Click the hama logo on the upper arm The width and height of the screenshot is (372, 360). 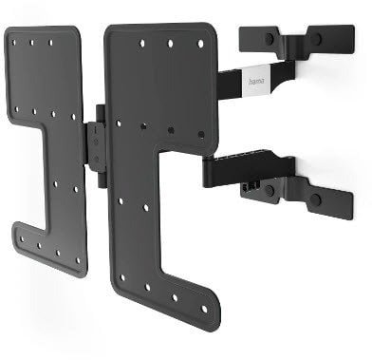pyautogui.click(x=255, y=84)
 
